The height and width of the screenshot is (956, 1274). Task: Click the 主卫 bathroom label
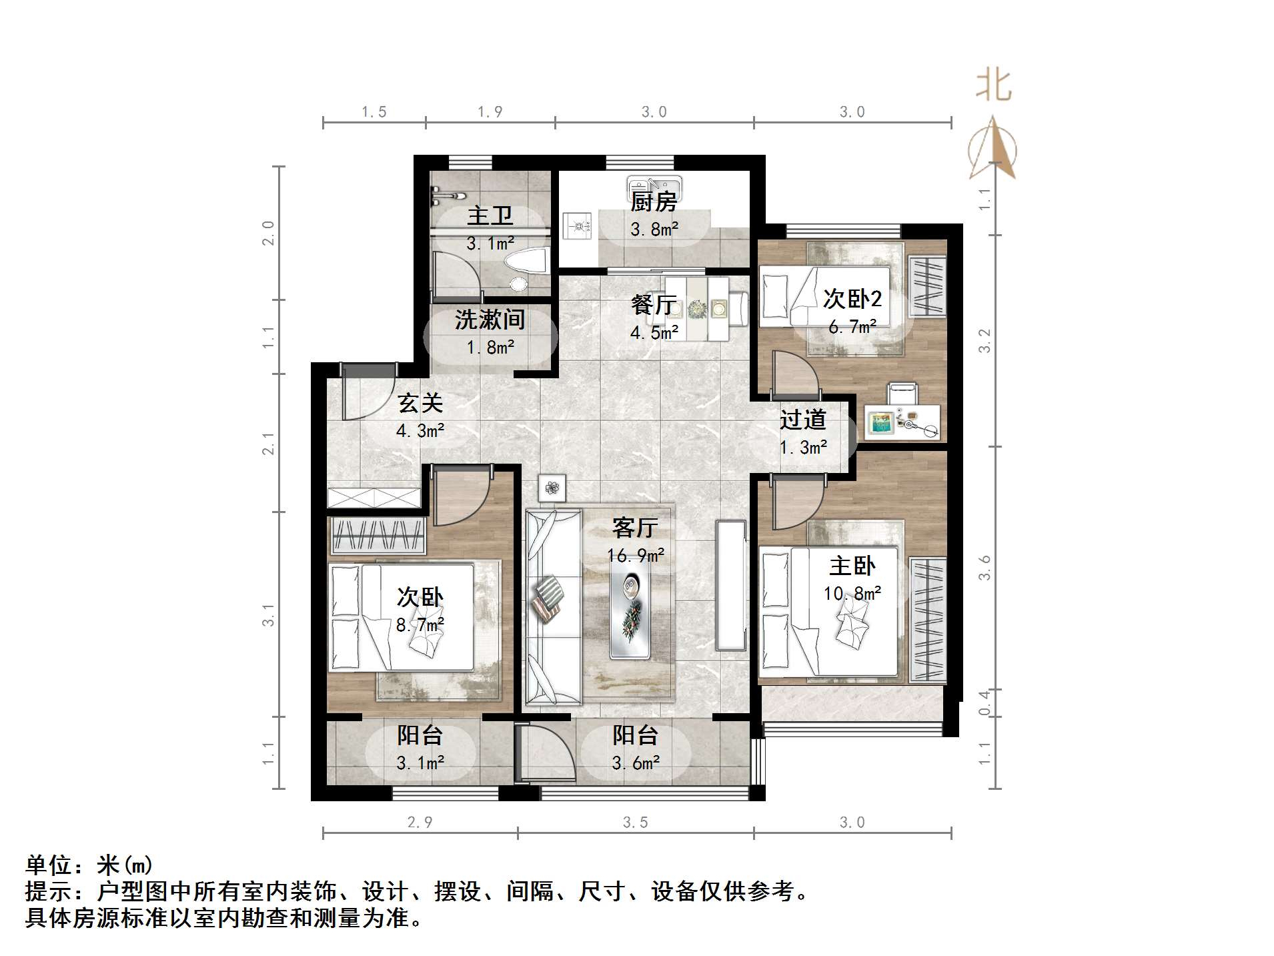coord(490,216)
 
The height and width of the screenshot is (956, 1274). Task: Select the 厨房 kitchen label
coord(654,201)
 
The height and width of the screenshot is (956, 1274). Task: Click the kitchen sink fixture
coord(654,183)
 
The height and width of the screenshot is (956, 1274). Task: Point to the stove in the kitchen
coord(576,225)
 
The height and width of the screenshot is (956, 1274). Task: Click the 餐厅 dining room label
coord(654,306)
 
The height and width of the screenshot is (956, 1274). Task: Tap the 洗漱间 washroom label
coord(490,320)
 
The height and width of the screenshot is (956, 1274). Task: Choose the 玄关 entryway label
coord(420,403)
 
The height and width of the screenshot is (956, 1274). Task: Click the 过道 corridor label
coord(803,420)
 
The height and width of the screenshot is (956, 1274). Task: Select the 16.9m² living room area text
coord(635,555)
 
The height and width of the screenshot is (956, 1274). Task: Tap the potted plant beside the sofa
coord(552,488)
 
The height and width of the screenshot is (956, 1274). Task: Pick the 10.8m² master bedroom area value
coord(852,593)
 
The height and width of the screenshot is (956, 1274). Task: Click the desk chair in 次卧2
coord(901,393)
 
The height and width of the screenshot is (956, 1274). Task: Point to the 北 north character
coord(993,86)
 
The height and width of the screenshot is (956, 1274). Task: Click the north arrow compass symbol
coord(993,150)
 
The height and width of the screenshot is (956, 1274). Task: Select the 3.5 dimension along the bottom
coord(635,823)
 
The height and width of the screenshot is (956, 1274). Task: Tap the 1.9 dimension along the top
coord(490,112)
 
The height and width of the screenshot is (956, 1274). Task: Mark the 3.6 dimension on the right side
coord(985,568)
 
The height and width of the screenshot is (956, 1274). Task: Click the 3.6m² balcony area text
coord(635,763)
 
